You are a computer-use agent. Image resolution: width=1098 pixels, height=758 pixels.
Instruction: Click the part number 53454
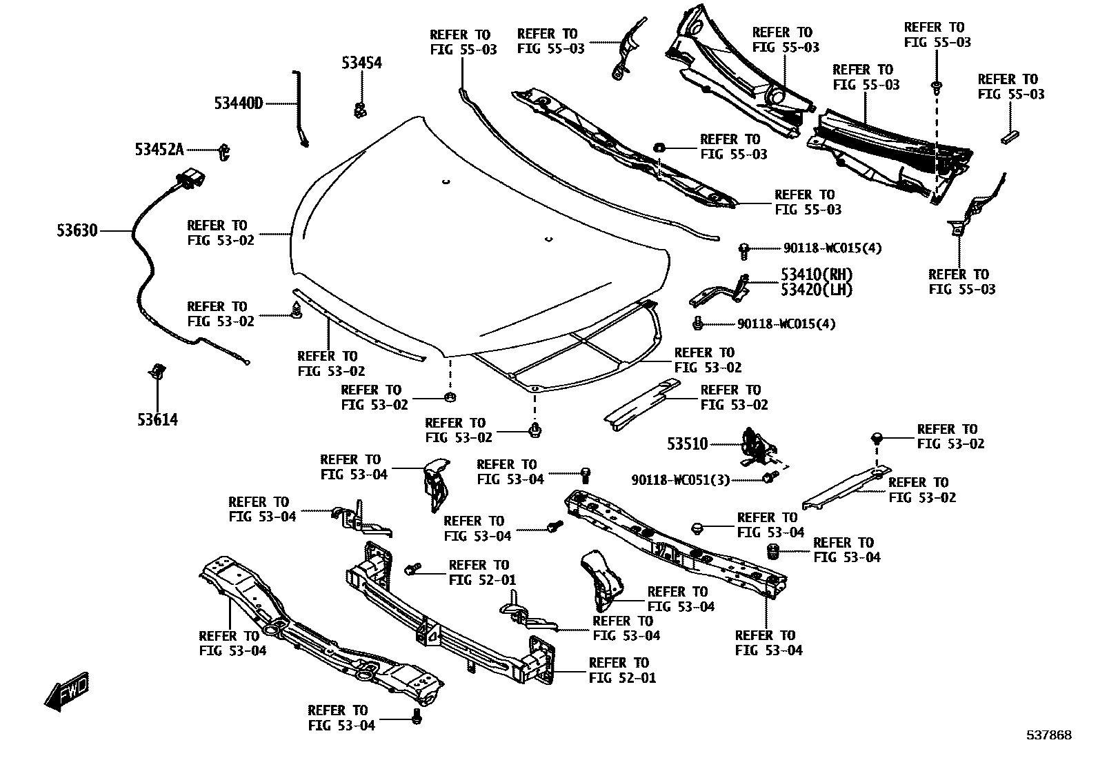click(x=361, y=63)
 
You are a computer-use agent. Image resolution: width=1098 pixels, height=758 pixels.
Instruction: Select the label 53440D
click(x=239, y=103)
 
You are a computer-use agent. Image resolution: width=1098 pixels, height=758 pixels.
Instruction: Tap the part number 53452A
click(x=159, y=149)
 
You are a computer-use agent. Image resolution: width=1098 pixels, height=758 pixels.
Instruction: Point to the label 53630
click(x=77, y=230)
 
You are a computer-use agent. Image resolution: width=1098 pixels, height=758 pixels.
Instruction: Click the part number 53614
click(x=157, y=419)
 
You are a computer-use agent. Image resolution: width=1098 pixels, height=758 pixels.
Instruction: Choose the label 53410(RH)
click(x=817, y=275)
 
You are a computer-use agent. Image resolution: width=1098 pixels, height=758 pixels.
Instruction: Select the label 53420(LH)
click(x=817, y=290)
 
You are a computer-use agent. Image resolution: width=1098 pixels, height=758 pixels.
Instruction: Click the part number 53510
click(x=687, y=444)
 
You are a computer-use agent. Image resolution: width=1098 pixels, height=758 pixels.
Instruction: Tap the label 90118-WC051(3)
click(x=680, y=479)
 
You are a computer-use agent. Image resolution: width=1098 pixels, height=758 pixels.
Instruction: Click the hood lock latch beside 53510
click(x=757, y=448)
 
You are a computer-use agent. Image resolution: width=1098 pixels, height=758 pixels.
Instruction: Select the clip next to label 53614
click(x=157, y=372)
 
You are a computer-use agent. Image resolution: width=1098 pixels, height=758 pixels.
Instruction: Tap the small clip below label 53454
click(x=359, y=109)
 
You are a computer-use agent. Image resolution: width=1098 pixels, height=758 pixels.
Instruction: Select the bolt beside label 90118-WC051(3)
click(x=769, y=477)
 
